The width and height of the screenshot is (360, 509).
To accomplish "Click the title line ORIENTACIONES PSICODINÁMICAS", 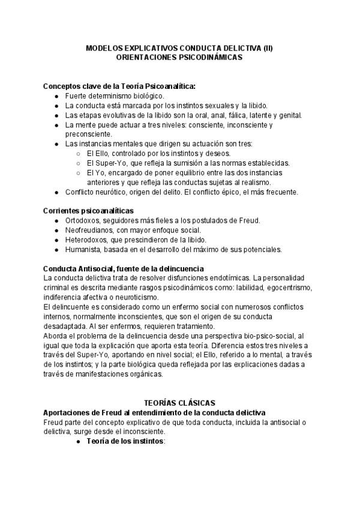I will click(179, 58).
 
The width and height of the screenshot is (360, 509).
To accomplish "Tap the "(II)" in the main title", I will click(265, 48).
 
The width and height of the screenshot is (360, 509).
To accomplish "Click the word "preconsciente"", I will click(88, 134).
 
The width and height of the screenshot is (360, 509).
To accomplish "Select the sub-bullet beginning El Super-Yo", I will click(188, 163).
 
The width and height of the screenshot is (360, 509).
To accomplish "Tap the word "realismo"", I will click(255, 182).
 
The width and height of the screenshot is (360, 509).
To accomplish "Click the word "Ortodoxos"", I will click(83, 220).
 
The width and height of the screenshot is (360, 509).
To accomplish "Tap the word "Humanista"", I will click(83, 249).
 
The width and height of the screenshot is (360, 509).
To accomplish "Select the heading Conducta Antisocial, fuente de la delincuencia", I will click(124, 268).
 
